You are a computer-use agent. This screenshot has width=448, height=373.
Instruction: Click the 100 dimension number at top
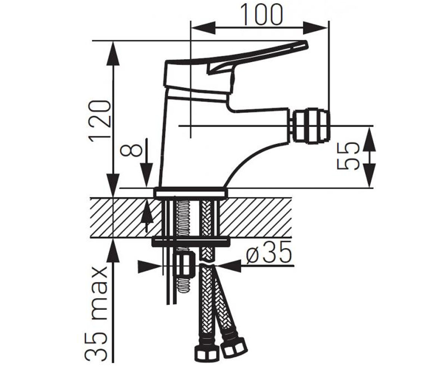[x=260, y=15]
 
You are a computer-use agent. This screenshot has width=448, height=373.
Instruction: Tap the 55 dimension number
[x=348, y=156]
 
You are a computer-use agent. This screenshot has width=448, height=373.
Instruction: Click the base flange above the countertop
[x=190, y=192]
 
